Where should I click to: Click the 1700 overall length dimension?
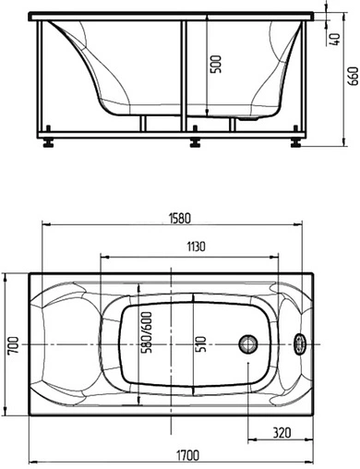187,455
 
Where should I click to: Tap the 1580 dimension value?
180,218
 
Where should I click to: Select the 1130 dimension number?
196,247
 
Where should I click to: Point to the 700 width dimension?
14,345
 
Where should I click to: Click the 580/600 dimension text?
148,332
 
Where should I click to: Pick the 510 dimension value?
201,343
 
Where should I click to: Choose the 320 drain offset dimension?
282,432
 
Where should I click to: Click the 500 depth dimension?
216,64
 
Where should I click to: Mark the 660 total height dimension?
354,76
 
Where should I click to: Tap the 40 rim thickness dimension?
335,40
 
